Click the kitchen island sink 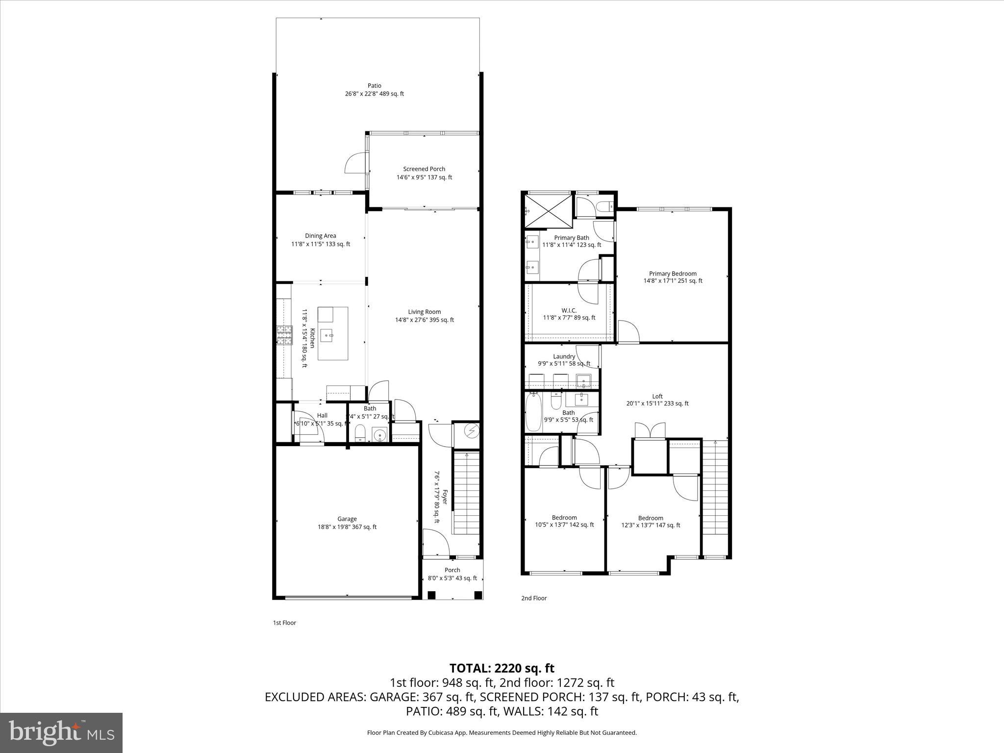click(327, 336)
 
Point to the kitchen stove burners click(283, 335)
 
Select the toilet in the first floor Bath click(360, 433)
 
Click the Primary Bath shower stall click(548, 211)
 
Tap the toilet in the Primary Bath click(606, 207)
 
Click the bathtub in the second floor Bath click(533, 413)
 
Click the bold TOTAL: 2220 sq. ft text click(502, 668)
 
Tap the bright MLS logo click(61, 732)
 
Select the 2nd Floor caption click(533, 598)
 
